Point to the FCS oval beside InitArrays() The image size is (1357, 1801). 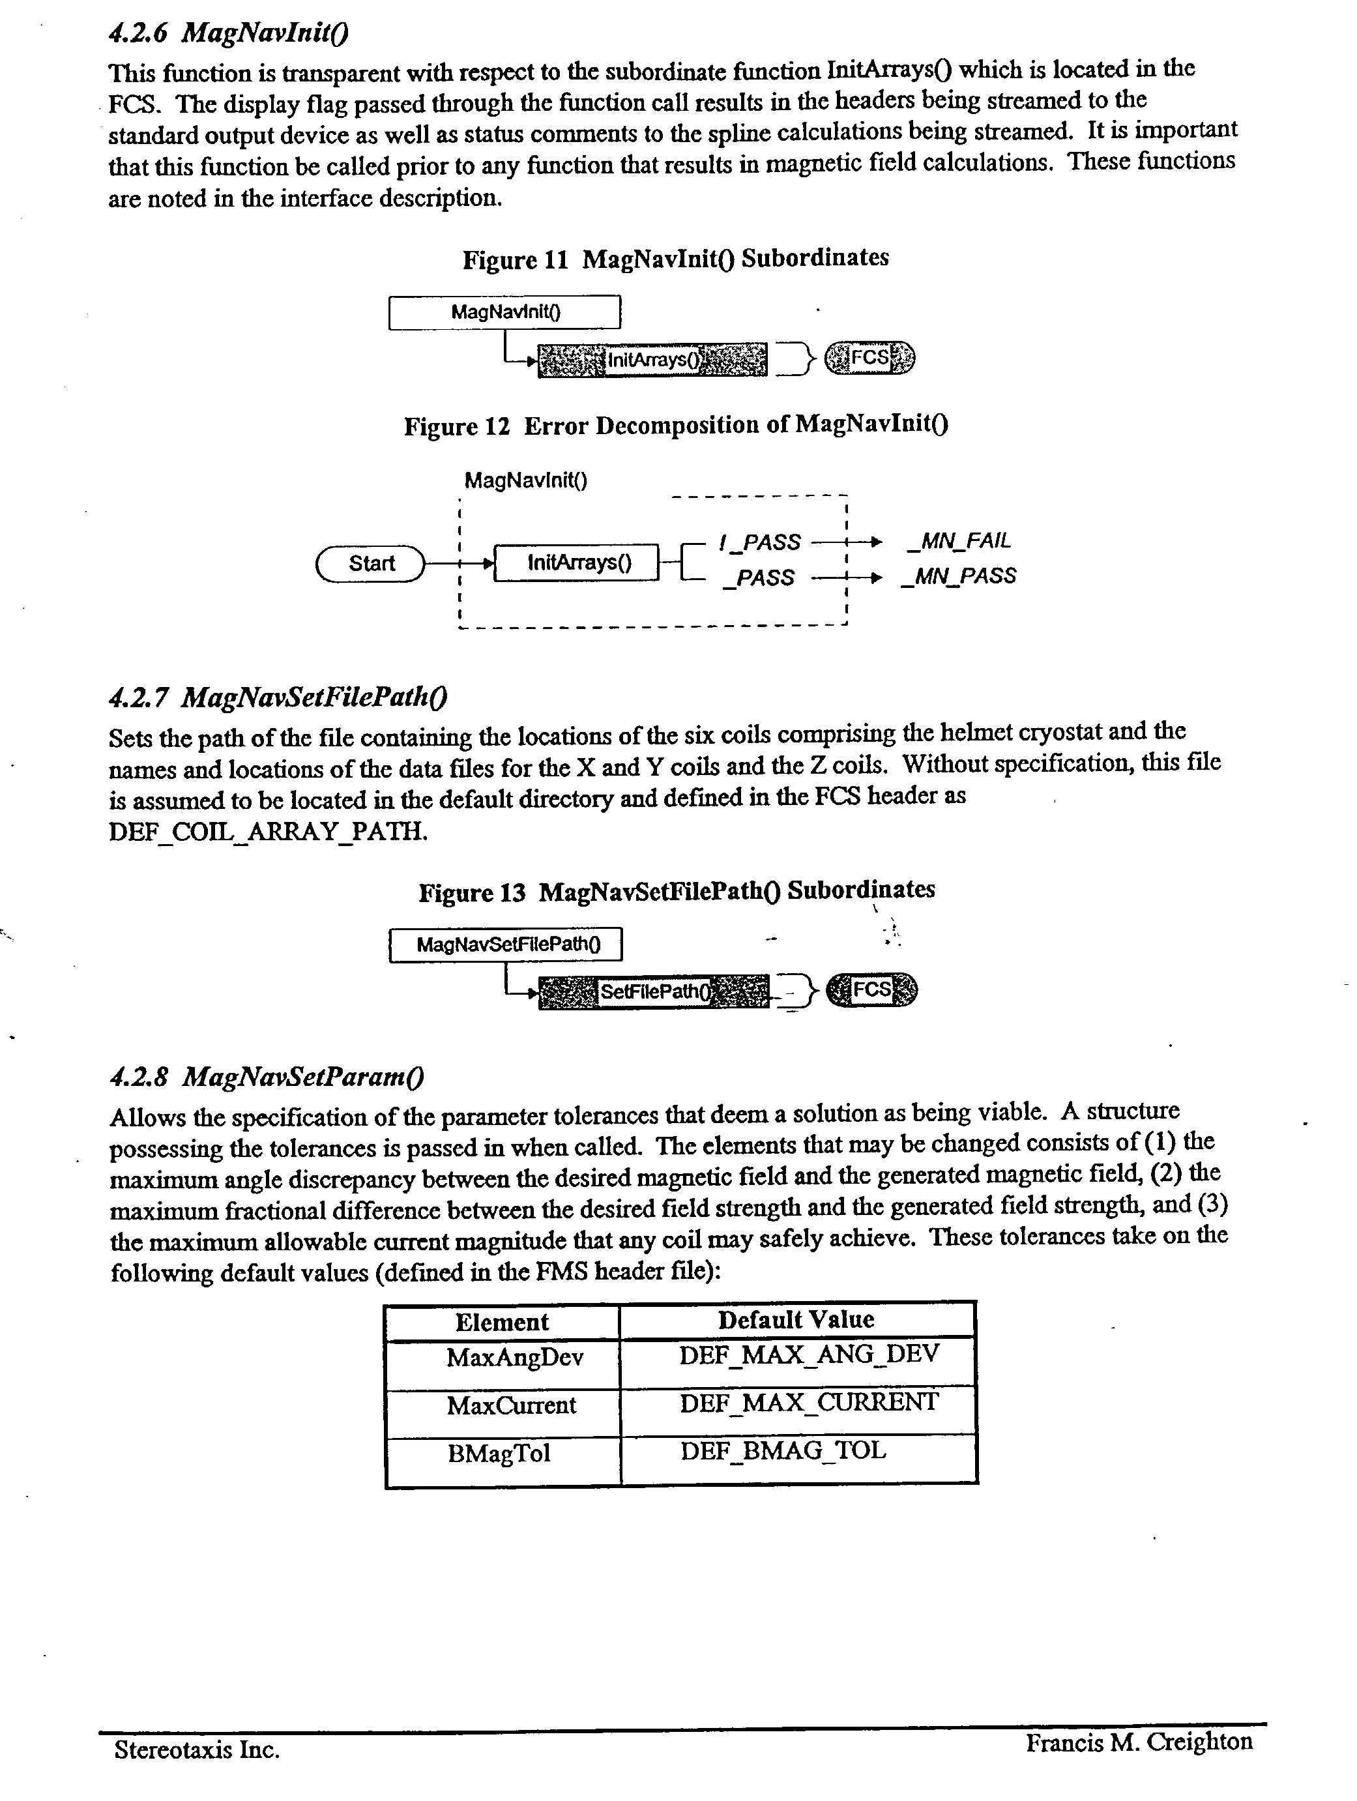tap(869, 357)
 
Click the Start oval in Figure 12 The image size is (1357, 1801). tap(372, 563)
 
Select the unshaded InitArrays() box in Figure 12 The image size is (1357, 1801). tap(577, 563)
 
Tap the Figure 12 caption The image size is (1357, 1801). tap(676, 425)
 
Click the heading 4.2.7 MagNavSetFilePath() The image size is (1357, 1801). tap(278, 697)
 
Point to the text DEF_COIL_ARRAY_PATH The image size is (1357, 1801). tap(268, 831)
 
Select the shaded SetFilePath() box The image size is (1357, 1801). tap(654, 991)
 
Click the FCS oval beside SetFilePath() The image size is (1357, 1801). tap(871, 990)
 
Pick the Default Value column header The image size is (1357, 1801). tap(796, 1320)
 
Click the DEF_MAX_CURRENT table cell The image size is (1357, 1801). tap(808, 1403)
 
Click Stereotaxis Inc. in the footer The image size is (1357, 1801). tap(197, 1750)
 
